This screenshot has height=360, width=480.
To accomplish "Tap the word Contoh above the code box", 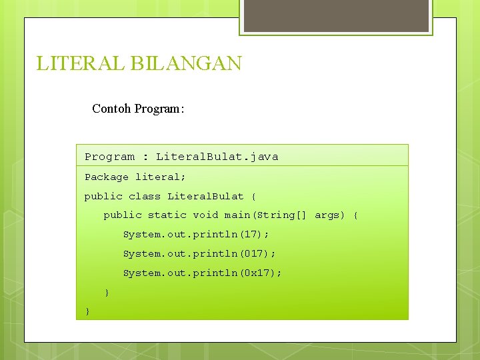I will (111, 109).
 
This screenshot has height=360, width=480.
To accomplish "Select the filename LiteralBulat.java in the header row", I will (217, 157).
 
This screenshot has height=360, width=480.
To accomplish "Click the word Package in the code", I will (107, 177).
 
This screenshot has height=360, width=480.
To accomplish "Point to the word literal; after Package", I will (161, 177).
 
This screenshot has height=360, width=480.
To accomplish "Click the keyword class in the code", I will (145, 197).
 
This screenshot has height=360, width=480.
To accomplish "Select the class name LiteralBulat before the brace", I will (205, 197).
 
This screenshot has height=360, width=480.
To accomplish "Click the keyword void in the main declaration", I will (205, 215).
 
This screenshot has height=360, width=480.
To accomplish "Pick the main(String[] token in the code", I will (265, 215).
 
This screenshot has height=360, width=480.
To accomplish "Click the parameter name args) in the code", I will (330, 215).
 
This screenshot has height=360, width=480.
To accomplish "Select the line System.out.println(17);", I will (196, 235).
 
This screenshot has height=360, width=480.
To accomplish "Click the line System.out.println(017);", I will (199, 254).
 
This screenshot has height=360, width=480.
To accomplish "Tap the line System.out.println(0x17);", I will (203, 273).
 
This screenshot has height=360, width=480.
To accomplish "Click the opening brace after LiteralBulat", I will (253, 197).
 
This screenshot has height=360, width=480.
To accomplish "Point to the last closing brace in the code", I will (87, 312).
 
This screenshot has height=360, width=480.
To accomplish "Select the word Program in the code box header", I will (109, 157).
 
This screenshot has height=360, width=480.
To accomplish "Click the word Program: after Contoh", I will (159, 109).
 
